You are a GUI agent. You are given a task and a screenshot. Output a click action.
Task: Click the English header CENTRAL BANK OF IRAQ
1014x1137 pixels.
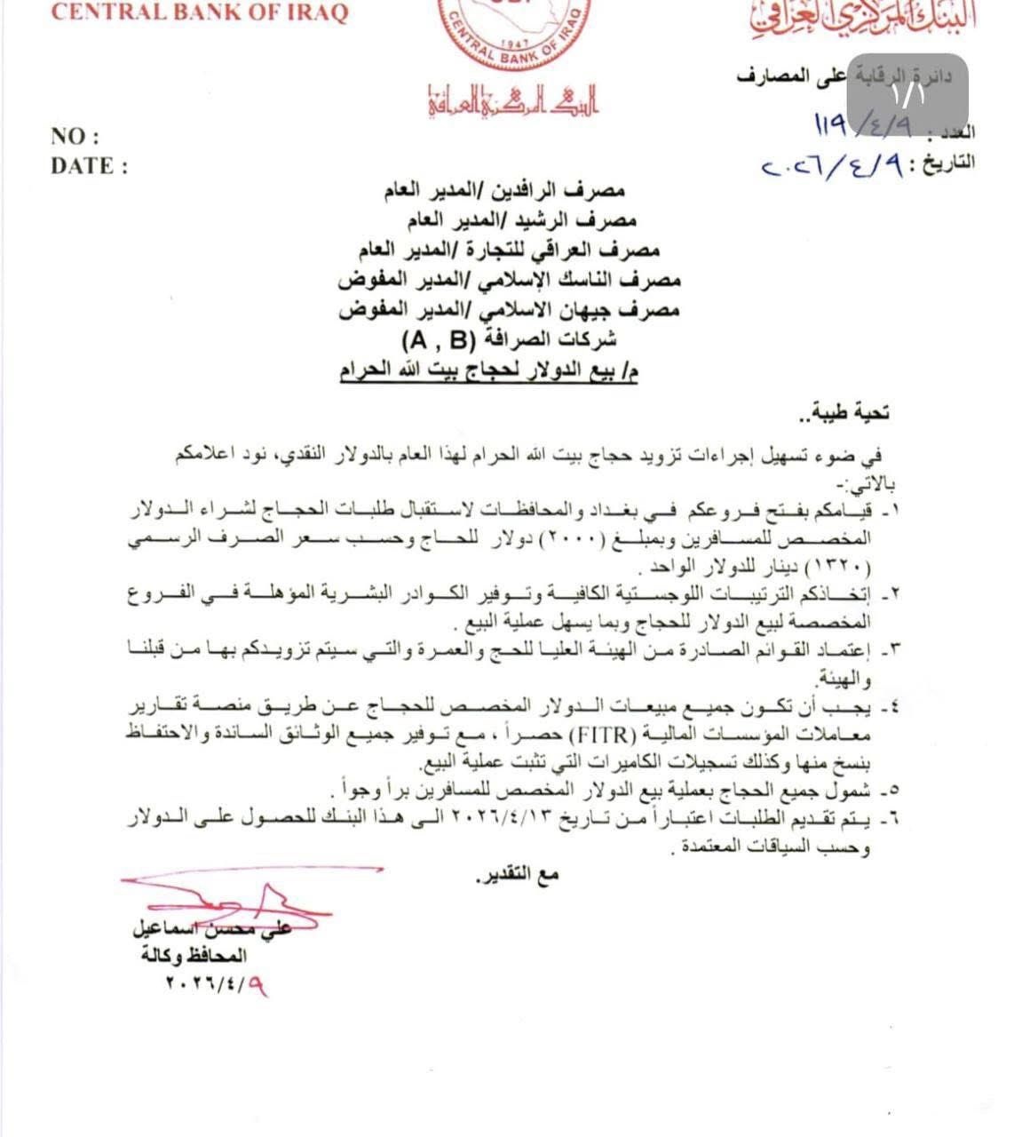[x=200, y=12]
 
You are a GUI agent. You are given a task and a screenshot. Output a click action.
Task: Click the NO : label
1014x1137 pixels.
[x=75, y=137]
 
